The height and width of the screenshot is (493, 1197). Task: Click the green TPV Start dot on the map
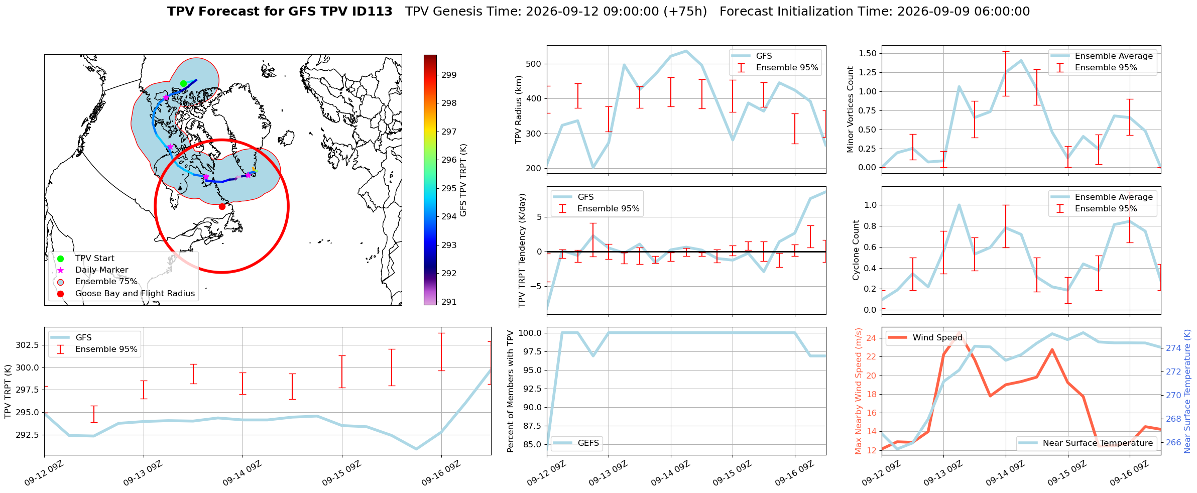pyautogui.click(x=183, y=83)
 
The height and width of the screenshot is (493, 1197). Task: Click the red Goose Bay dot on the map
pyautogui.click(x=222, y=206)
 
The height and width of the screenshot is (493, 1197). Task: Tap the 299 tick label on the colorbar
pyautogui.click(x=449, y=75)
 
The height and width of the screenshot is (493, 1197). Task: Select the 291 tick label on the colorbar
pyautogui.click(x=449, y=302)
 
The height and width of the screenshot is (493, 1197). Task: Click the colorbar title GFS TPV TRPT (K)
pyautogui.click(x=463, y=180)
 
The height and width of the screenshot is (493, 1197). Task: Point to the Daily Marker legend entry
pyautogui.click(x=101, y=270)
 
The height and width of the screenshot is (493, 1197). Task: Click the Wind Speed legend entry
pyautogui.click(x=925, y=337)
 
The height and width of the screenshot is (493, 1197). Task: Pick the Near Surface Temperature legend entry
pyautogui.click(x=1087, y=443)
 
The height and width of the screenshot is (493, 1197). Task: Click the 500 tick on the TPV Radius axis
pyautogui.click(x=534, y=64)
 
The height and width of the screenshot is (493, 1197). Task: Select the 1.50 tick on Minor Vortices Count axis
pyautogui.click(x=868, y=53)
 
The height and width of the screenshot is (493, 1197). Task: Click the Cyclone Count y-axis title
pyautogui.click(x=856, y=250)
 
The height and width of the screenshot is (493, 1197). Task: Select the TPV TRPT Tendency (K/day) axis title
pyautogui.click(x=522, y=250)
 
